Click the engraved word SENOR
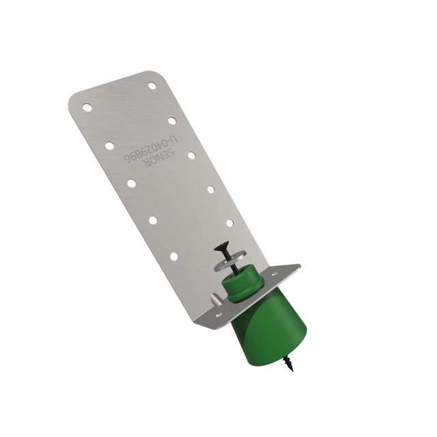(158, 157)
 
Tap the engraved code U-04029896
(150, 149)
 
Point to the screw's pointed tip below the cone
(292, 370)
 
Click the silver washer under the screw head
(230, 261)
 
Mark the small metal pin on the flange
(216, 299)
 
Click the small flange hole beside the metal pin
(219, 315)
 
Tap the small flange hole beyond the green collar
(275, 274)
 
